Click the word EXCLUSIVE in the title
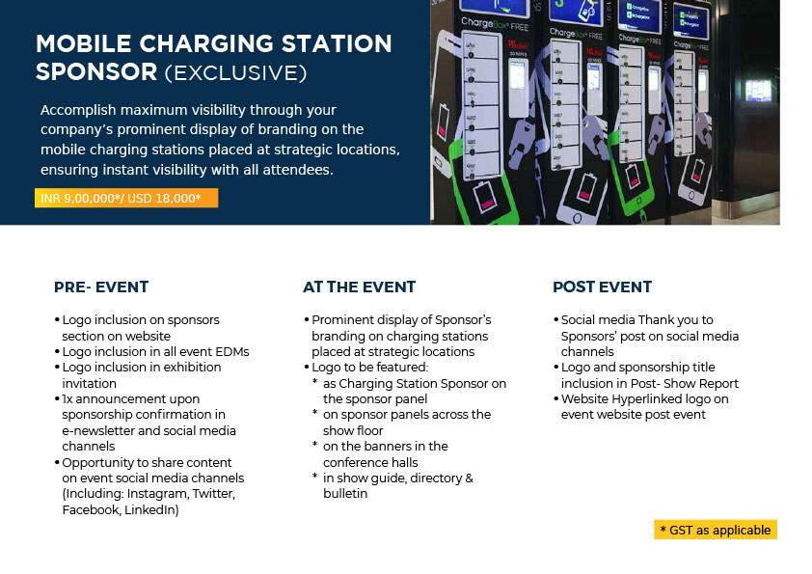pyautogui.click(x=235, y=73)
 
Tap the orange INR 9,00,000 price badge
pyautogui.click(x=126, y=198)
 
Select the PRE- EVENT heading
pyautogui.click(x=101, y=287)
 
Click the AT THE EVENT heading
pyautogui.click(x=359, y=287)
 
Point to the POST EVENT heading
pyautogui.click(x=602, y=287)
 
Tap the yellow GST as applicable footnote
pyautogui.click(x=716, y=530)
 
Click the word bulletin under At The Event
pyautogui.click(x=345, y=494)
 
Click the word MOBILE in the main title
pyautogui.click(x=83, y=43)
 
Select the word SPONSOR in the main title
pyautogui.click(x=96, y=72)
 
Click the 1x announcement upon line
pyautogui.click(x=130, y=399)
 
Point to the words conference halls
pyautogui.click(x=370, y=462)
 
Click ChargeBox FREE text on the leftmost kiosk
pyautogui.click(x=495, y=24)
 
